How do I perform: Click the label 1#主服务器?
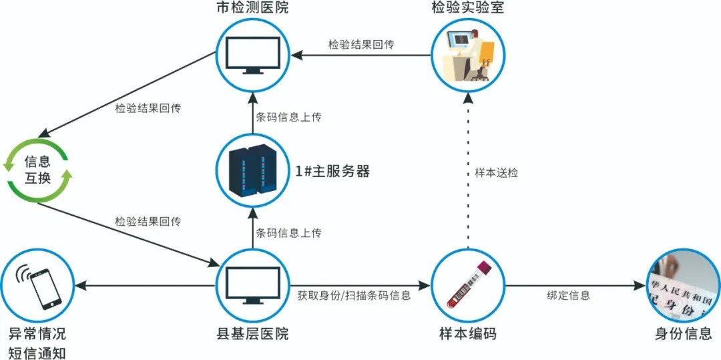[332, 172]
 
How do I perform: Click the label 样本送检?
[496, 172]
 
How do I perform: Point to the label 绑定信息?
[569, 295]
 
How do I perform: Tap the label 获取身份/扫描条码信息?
[354, 295]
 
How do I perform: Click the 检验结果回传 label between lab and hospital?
[360, 45]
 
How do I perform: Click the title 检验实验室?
[467, 9]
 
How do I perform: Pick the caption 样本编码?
[467, 333]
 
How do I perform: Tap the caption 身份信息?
[684, 333]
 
